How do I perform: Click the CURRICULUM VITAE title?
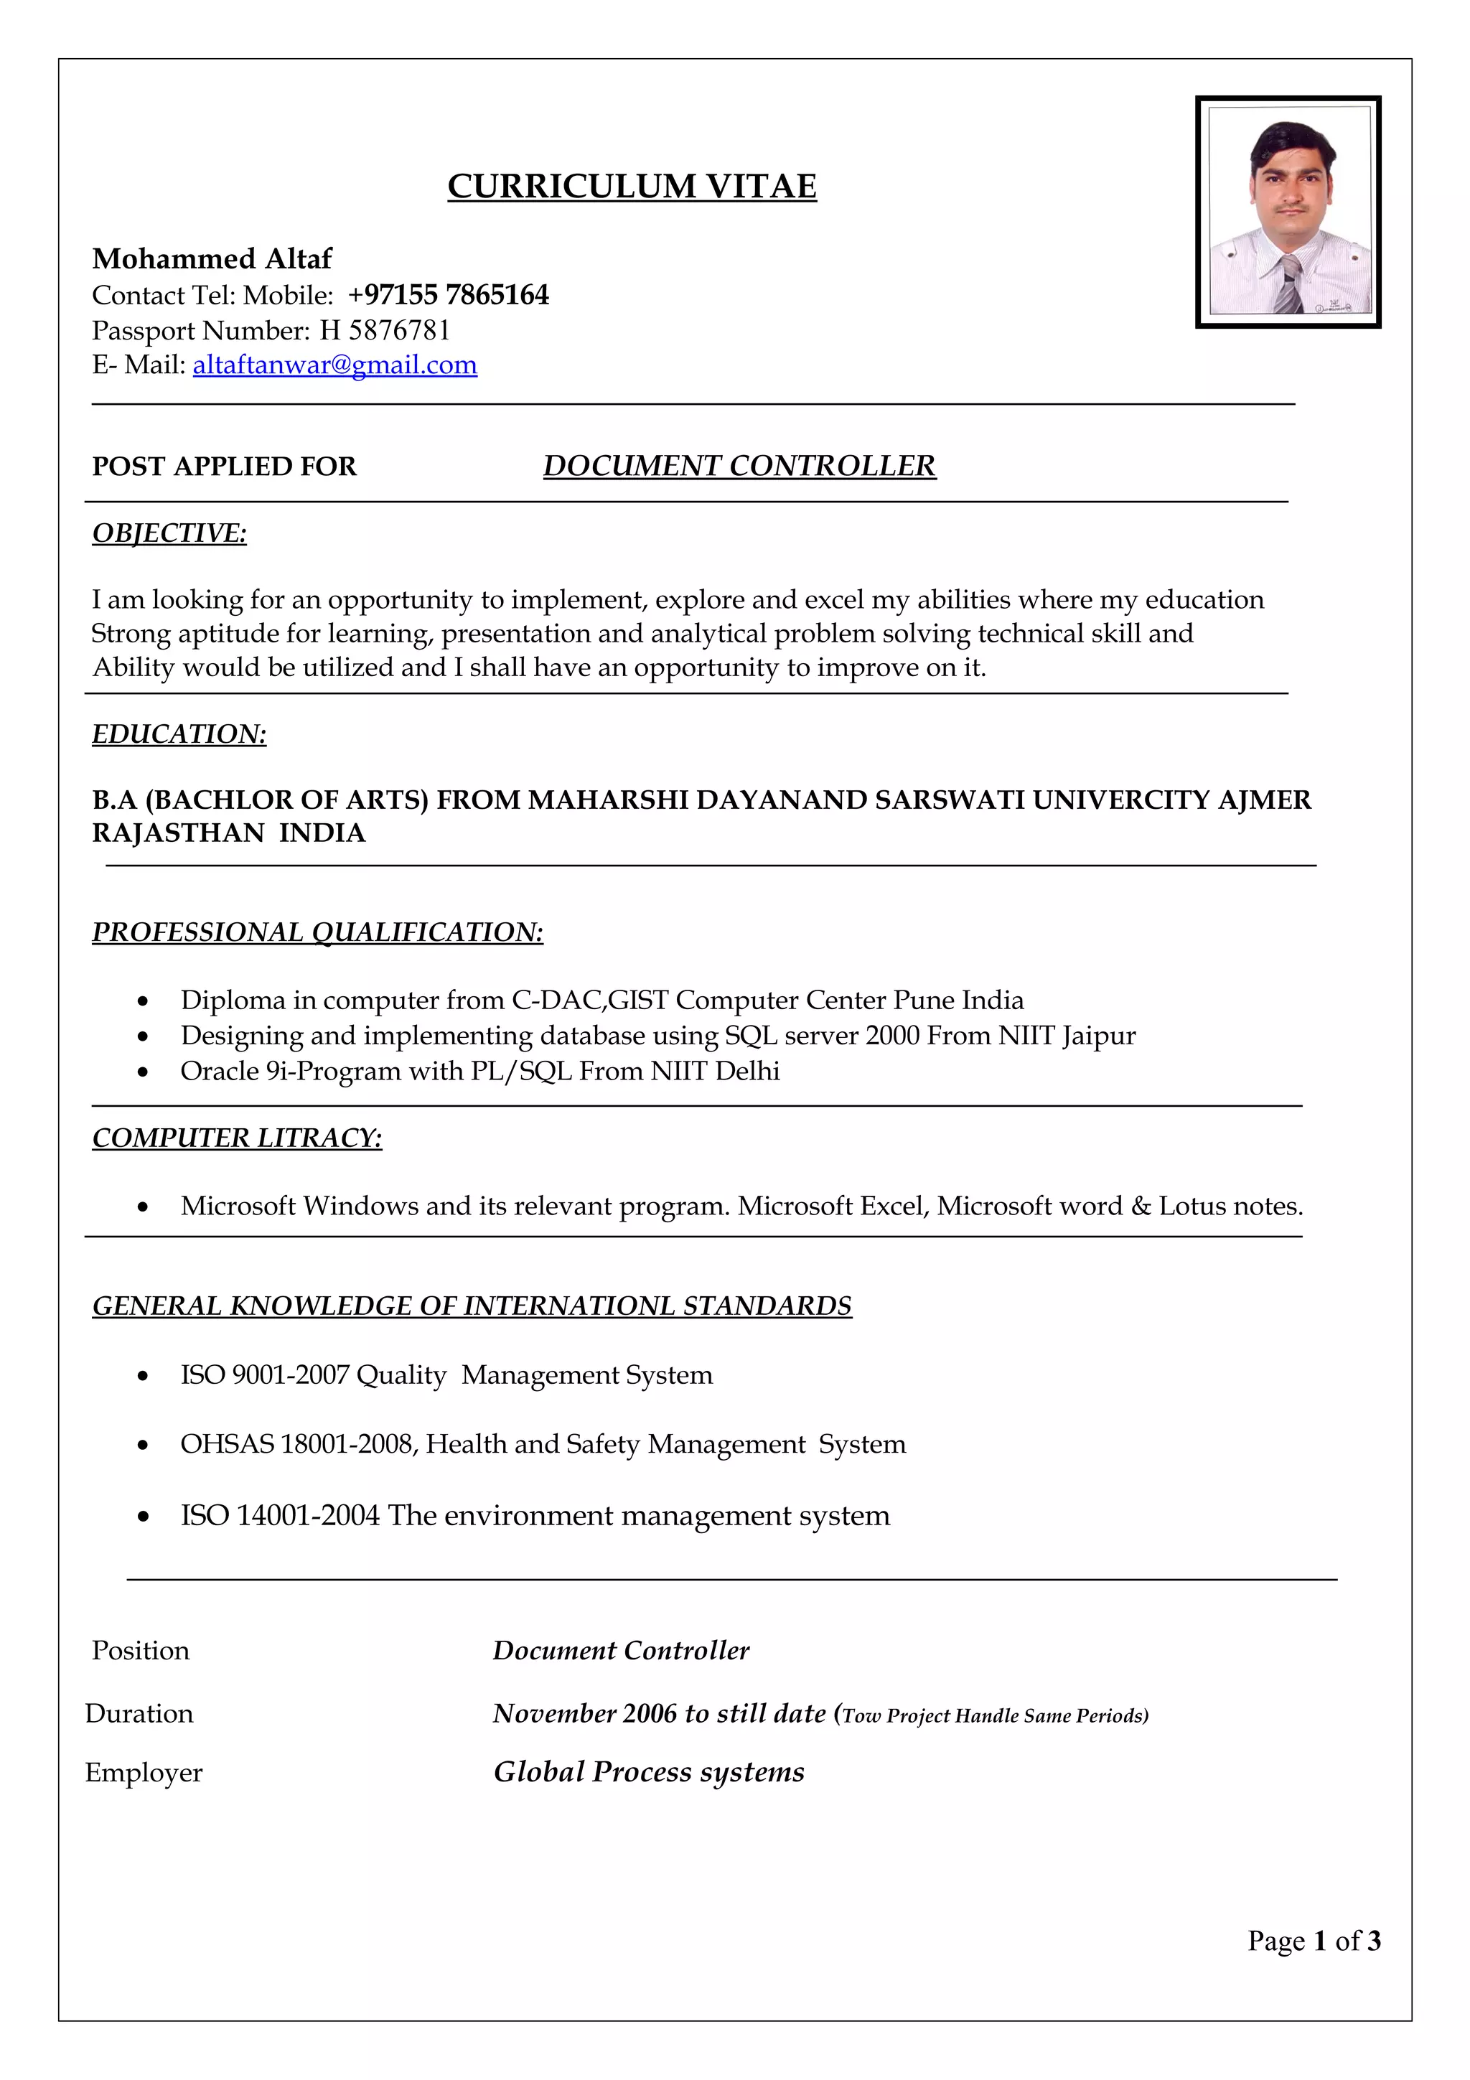click(x=632, y=187)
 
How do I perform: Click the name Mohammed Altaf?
click(x=212, y=259)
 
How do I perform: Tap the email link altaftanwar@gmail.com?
click(x=334, y=365)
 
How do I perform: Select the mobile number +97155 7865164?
click(x=449, y=295)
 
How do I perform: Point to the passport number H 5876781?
click(x=384, y=331)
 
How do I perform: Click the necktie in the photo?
click(x=1290, y=284)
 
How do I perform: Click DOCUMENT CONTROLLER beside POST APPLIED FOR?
click(x=739, y=466)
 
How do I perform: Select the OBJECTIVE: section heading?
click(x=169, y=533)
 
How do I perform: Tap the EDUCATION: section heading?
click(x=179, y=734)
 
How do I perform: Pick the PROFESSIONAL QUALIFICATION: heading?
click(x=317, y=932)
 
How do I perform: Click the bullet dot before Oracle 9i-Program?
click(x=142, y=1072)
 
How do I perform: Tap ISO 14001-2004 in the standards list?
click(x=280, y=1516)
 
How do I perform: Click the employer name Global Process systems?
click(x=648, y=1772)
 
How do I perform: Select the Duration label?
click(x=139, y=1714)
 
